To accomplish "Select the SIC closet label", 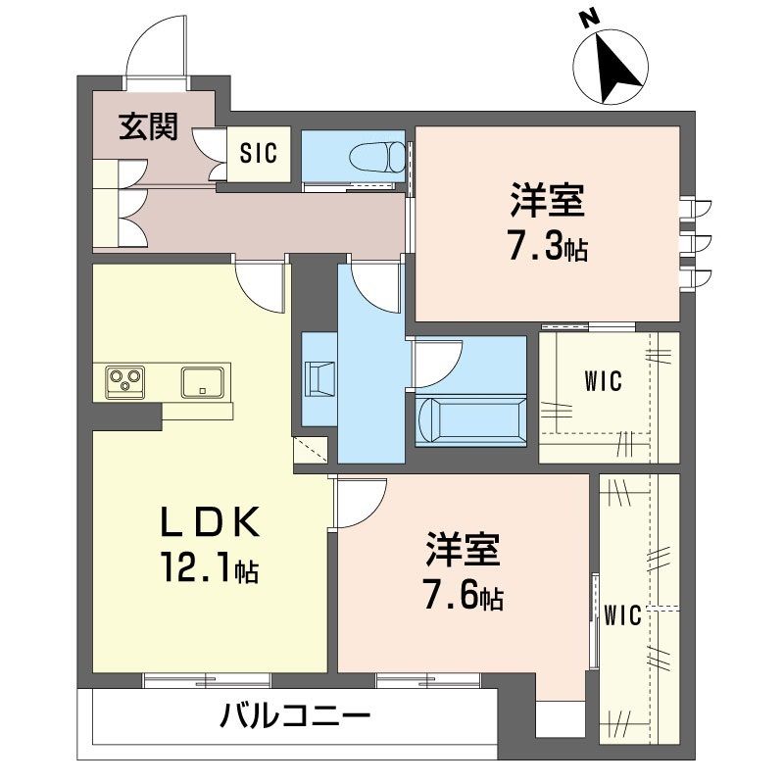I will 259,154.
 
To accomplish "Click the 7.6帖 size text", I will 464,596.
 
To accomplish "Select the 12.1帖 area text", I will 210,568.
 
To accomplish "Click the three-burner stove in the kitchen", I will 124,379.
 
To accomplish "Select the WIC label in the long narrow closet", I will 622,615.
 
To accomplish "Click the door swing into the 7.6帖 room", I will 359,502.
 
